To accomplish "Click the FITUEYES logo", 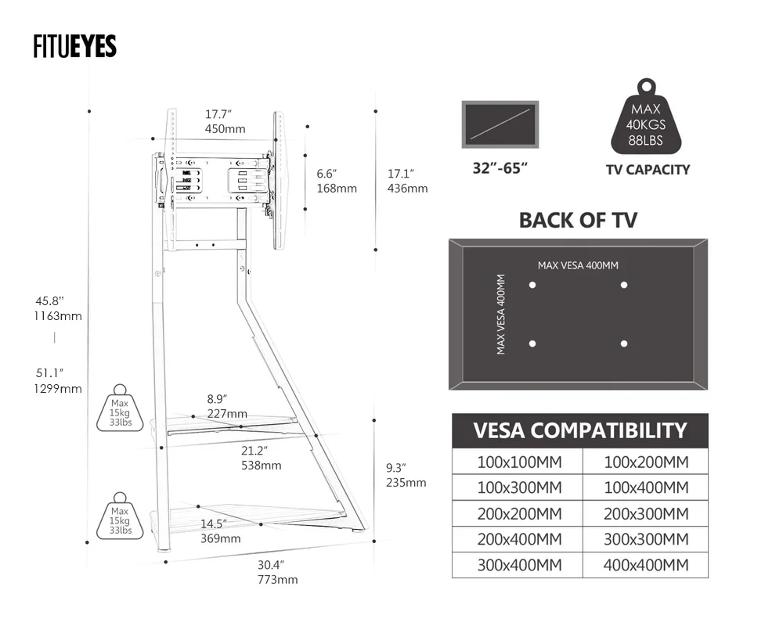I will tap(75, 47).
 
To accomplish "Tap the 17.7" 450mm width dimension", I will tap(225, 121).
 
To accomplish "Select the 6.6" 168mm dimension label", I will tap(337, 181).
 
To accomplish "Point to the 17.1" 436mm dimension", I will tap(407, 181).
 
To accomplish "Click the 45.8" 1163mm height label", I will tap(59, 308).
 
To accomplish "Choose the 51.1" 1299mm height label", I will tap(59, 381).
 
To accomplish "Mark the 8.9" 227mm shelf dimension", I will tap(227, 406).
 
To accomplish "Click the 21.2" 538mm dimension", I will tap(261, 458).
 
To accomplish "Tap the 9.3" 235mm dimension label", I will tap(406, 475).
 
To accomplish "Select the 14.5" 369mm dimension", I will tap(220, 531).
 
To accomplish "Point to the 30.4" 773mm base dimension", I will tap(277, 572).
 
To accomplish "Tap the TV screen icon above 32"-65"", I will tap(500, 124).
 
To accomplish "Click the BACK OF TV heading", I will tap(578, 220).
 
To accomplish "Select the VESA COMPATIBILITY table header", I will tap(579, 430).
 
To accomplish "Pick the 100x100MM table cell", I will tap(518, 462).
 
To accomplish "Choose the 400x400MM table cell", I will tap(645, 565).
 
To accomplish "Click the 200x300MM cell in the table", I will tap(645, 513).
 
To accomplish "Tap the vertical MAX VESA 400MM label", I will tap(501, 314).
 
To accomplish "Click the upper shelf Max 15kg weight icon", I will tap(120, 408).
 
